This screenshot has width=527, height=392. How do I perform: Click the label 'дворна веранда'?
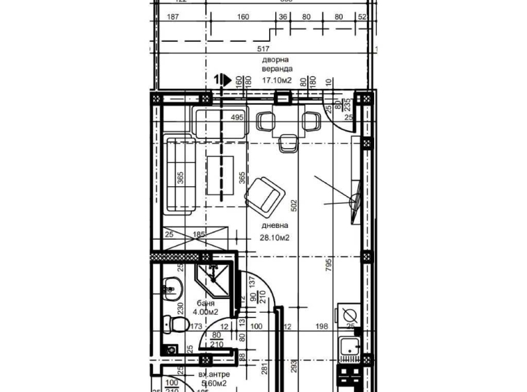(x=277, y=65)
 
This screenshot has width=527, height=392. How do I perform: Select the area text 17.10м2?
(x=277, y=80)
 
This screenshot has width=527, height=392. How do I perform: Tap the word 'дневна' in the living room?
(x=275, y=226)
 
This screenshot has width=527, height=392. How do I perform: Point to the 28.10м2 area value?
(x=275, y=238)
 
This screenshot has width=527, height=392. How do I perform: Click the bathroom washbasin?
(x=170, y=286)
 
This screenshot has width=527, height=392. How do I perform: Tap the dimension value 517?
(x=263, y=49)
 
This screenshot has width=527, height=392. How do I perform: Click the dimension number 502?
(x=294, y=206)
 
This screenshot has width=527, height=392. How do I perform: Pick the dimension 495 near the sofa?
(x=236, y=117)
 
